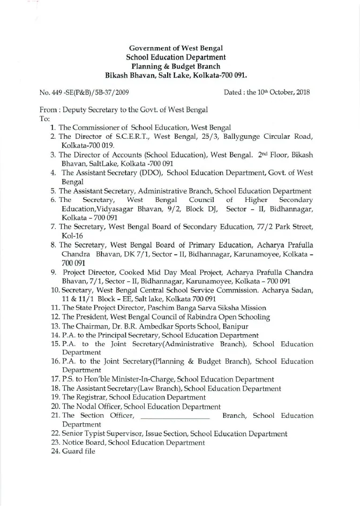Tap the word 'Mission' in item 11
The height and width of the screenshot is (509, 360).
(x=229, y=308)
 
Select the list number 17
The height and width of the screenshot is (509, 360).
(x=54, y=379)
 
